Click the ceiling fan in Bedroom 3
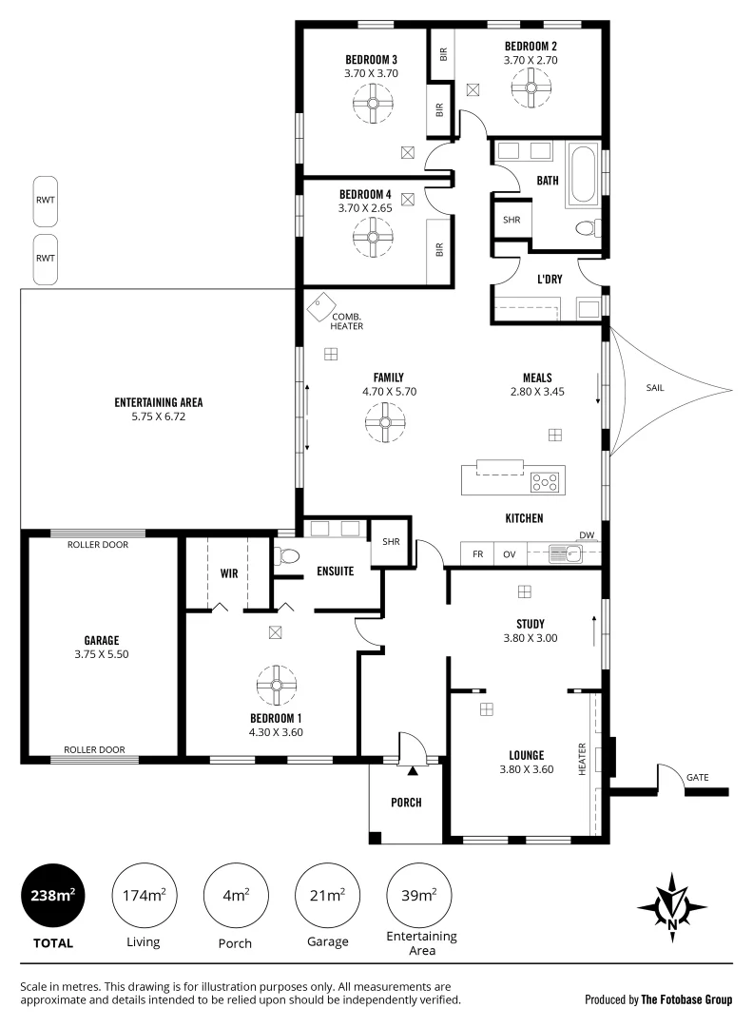[373, 106]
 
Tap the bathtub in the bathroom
[582, 175]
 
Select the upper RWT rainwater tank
[45, 200]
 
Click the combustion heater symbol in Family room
[319, 307]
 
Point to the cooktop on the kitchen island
[546, 481]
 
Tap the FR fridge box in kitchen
[477, 553]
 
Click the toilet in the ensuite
[287, 555]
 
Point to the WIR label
[228, 573]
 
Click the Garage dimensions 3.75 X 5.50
[100, 655]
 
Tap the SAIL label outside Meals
[655, 388]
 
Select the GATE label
[697, 777]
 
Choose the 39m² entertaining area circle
[420, 895]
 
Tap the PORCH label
[406, 803]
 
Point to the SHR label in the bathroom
[512, 219]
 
